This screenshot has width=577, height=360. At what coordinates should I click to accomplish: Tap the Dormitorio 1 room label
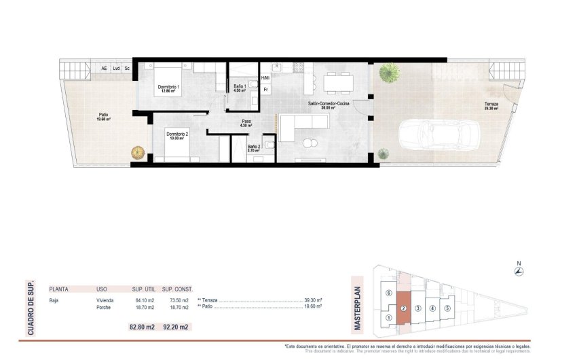coord(168,88)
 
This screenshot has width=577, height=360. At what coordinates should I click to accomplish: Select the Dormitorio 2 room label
coord(177,135)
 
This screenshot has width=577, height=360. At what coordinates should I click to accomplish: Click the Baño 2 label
coord(253,148)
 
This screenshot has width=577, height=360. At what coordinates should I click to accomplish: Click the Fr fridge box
coord(265,89)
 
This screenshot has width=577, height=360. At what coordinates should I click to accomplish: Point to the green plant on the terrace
coord(390,71)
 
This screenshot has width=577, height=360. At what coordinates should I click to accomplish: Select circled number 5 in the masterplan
coord(447,308)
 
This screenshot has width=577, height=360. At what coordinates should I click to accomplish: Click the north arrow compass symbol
coord(519,271)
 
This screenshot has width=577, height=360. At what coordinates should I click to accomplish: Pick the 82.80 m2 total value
coord(142,327)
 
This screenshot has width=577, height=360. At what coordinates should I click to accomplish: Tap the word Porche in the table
coord(104,307)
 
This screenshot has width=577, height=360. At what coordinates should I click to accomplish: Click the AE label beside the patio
coord(104,68)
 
